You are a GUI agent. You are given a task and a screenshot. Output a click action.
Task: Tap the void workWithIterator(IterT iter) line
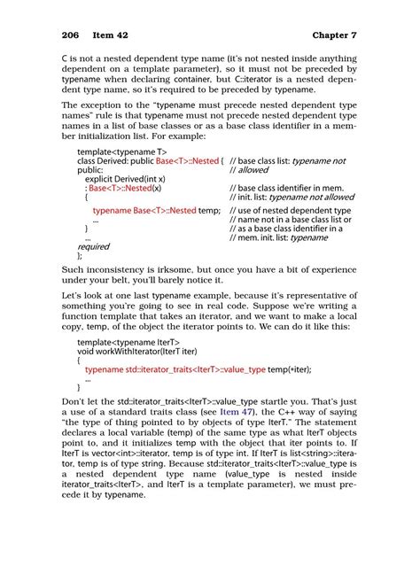pyautogui.click(x=133, y=350)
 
